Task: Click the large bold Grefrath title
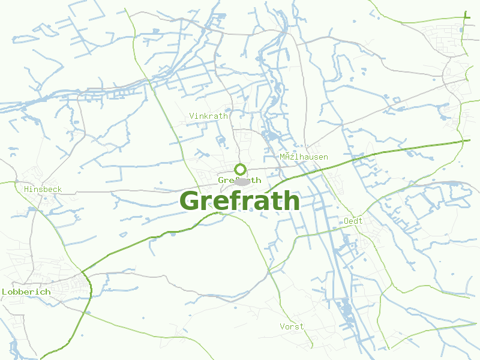click(239, 201)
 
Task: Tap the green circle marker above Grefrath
click(240, 169)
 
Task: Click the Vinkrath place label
click(208, 116)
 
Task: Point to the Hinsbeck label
click(43, 189)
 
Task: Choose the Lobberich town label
click(26, 292)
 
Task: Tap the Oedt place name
click(353, 221)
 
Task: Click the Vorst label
click(292, 326)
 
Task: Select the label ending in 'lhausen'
click(304, 157)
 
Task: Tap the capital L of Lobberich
click(4, 292)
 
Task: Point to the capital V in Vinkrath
click(191, 116)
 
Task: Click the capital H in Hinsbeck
click(26, 189)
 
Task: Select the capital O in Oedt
click(346, 221)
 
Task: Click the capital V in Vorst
click(282, 326)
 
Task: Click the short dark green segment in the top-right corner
click(466, 16)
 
